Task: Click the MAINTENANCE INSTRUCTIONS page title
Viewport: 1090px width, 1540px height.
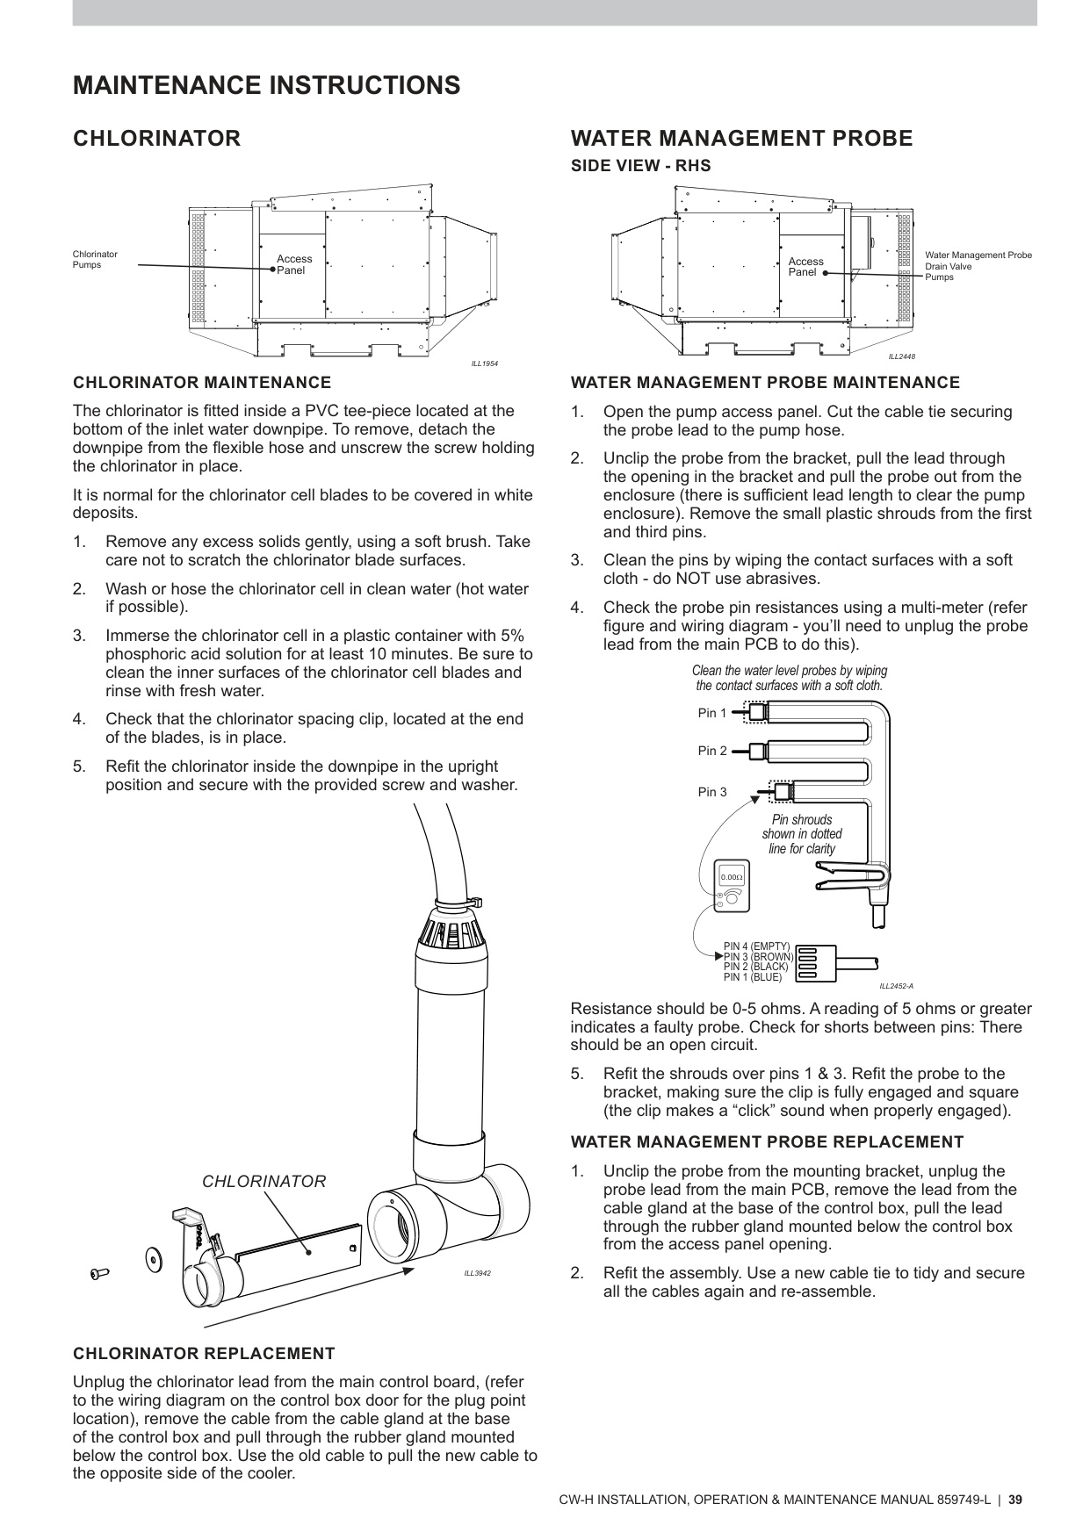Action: click(266, 85)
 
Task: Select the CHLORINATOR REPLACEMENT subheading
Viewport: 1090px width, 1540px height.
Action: click(204, 1353)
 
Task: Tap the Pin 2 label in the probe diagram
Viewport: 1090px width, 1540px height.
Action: click(712, 751)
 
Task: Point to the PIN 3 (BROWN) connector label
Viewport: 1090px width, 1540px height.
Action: click(757, 957)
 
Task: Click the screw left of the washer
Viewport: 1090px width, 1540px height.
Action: click(98, 1273)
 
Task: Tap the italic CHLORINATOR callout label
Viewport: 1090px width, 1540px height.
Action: click(263, 1182)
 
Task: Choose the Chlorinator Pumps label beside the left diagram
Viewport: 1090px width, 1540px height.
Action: click(94, 259)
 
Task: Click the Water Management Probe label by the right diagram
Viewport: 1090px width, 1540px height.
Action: click(978, 255)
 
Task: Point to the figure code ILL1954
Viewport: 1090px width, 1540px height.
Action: click(485, 363)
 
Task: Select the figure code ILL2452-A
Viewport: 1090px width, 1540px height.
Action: click(896, 986)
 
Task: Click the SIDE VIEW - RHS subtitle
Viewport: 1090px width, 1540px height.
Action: click(640, 165)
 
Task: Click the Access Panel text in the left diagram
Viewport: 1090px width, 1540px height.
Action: click(293, 264)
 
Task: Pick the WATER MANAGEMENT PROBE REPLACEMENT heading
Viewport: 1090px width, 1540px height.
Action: click(767, 1142)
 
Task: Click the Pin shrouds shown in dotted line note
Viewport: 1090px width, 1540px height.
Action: click(801, 834)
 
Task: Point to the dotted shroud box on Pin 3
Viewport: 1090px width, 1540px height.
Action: click(781, 791)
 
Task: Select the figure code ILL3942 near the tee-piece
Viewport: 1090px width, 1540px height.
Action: click(477, 1273)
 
